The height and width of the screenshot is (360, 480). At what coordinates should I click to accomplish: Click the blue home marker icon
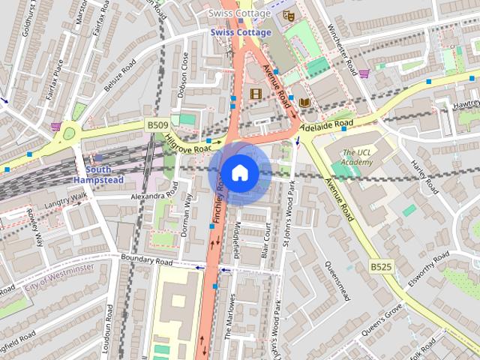pos(238,172)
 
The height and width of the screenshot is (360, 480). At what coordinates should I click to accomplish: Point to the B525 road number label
pos(382,265)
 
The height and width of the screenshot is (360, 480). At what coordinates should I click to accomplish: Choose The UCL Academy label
pos(356,157)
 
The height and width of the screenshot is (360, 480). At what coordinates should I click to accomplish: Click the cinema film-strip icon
pos(256,94)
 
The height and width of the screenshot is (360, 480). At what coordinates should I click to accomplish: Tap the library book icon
pos(304,102)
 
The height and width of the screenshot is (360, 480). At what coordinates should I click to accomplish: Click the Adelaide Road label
pos(325,124)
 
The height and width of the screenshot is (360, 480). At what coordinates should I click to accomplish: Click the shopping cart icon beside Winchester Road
pos(364,73)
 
